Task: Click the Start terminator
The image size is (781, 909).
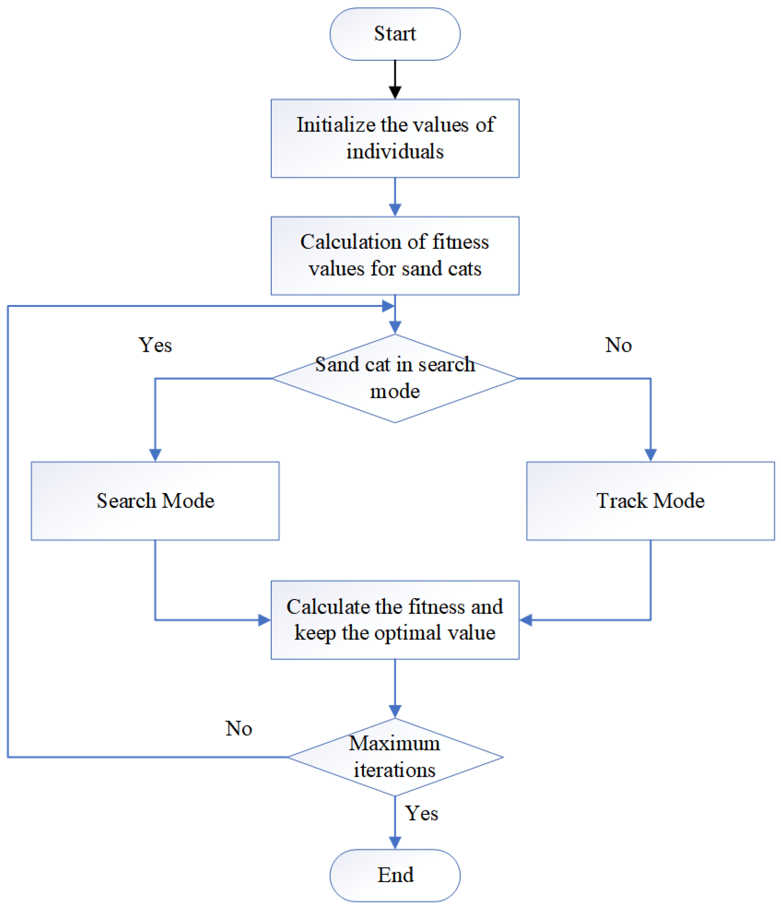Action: point(395,34)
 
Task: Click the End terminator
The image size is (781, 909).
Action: point(395,875)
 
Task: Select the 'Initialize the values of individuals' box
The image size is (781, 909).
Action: point(395,138)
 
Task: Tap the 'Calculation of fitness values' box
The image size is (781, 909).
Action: point(395,255)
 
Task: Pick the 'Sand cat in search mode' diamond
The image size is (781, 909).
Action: point(395,378)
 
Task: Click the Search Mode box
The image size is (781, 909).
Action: point(155,500)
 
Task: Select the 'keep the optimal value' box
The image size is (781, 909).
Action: point(395,620)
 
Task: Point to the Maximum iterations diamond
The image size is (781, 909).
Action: point(395,757)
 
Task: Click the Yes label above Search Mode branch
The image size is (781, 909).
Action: point(155,345)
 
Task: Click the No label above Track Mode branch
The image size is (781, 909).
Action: point(618,345)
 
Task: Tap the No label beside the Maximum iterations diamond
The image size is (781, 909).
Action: point(239,728)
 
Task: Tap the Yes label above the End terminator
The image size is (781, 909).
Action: point(421,813)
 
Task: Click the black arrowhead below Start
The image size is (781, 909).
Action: point(395,92)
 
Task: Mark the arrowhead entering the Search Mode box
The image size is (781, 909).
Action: point(155,454)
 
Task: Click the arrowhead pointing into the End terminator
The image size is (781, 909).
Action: point(395,842)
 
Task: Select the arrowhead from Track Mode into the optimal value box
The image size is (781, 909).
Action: point(525,620)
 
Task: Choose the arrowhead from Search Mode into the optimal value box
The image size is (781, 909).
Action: point(265,620)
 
